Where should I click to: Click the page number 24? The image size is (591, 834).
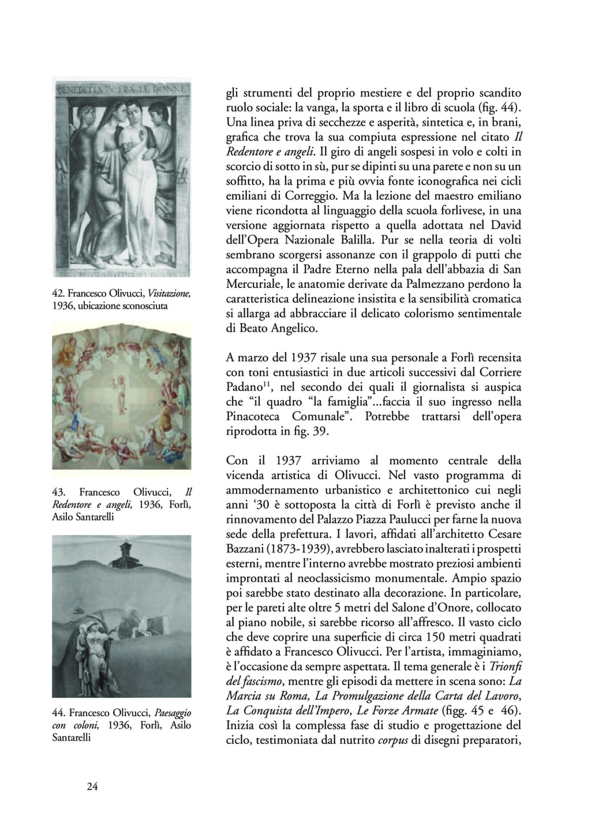[x=92, y=786]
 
